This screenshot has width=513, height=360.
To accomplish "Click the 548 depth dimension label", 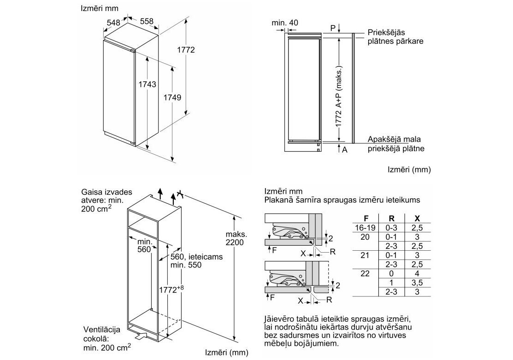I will pos(113,22).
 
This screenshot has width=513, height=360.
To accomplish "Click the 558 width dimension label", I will pos(146,22).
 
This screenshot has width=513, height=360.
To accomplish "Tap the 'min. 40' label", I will pos(285,22).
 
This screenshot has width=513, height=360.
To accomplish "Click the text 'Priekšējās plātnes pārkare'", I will pos(395,37).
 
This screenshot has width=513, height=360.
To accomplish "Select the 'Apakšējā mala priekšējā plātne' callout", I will pos(395,144).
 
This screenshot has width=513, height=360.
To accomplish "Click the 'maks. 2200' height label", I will pos(236,238).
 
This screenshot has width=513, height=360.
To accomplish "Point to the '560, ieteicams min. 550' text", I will pos(189,261).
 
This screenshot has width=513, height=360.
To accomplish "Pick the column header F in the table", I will pos(366,218).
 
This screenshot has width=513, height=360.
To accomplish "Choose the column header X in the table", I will pos(417,218).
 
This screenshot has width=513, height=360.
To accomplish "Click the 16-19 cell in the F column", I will pos(366,228).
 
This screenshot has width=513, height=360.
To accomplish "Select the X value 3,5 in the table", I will pos(417,283).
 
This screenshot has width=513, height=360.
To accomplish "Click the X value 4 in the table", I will pos(417,273).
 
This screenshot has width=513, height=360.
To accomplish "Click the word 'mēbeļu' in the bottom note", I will pos(278,344).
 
